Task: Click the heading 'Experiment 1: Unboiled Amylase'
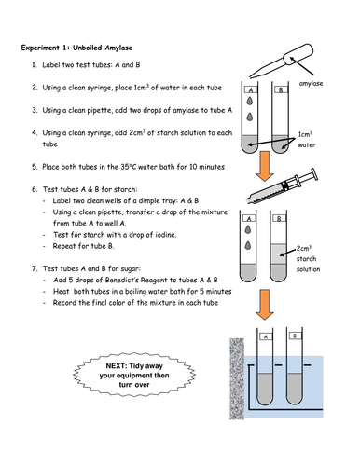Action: coord(76,48)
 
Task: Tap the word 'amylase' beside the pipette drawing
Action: coord(311,83)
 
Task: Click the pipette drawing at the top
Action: coord(282,61)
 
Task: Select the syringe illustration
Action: coord(283,185)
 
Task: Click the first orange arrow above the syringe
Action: coord(265,166)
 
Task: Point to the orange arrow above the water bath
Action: coord(265,305)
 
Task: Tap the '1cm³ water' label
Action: coord(307,140)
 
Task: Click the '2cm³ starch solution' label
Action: coord(308,259)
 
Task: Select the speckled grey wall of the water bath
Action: coord(237,379)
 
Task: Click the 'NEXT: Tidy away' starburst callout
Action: coord(134,375)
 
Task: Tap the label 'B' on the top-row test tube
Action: coord(281,90)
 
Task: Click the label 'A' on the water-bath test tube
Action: coord(266,336)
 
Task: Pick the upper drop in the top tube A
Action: coord(250,101)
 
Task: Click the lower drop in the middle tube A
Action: coord(248,245)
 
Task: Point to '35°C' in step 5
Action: coord(129,167)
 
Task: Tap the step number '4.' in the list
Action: coord(35,133)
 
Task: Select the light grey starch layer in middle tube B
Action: coord(278,254)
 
